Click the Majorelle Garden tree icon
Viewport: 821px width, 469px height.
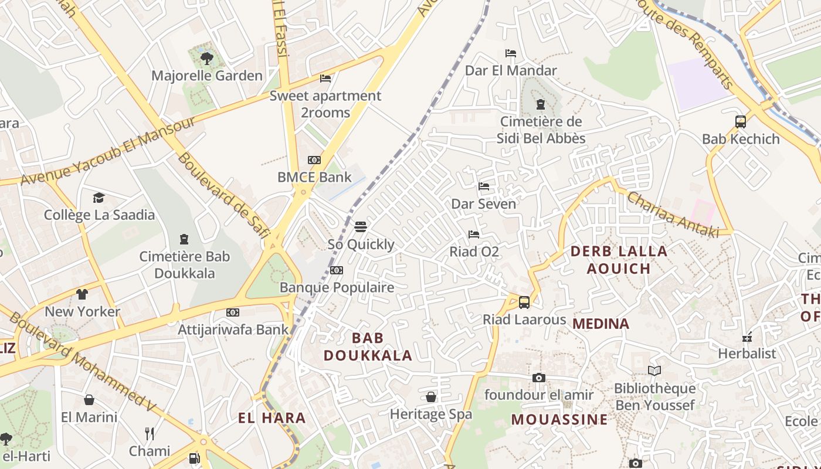coord(206,58)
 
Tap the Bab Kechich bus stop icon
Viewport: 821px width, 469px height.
coord(741,122)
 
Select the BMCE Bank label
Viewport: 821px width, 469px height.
coord(314,177)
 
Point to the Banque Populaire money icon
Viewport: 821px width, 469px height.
coord(336,270)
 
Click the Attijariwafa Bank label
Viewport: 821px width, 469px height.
coord(233,329)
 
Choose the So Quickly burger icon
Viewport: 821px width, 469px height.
coord(360,227)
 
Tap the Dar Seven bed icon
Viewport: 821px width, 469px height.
coord(484,186)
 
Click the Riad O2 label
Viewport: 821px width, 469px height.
coord(474,252)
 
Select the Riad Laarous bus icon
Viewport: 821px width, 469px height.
coord(524,303)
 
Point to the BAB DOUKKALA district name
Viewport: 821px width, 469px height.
coord(368,346)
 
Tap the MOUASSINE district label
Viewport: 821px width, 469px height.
coord(559,420)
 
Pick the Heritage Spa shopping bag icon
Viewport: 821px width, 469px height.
coord(431,397)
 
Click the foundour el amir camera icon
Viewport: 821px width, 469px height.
coord(539,378)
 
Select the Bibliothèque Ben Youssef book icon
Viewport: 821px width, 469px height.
coord(654,371)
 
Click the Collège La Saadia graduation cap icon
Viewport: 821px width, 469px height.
coord(99,198)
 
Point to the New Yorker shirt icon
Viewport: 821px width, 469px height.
coord(82,294)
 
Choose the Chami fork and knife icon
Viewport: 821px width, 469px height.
coord(150,434)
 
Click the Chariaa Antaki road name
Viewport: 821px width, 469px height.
coord(673,215)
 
